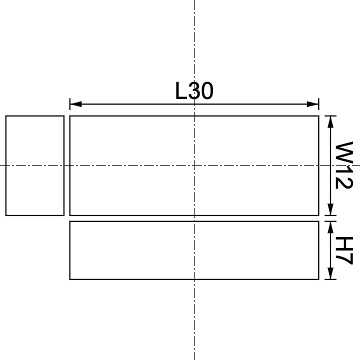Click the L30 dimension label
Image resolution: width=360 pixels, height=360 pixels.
pyautogui.click(x=194, y=91)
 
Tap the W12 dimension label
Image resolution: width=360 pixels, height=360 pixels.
pyautogui.click(x=344, y=165)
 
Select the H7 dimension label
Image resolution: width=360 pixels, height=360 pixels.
pyautogui.click(x=344, y=250)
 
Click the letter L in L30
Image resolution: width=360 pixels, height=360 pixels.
pyautogui.click(x=180, y=91)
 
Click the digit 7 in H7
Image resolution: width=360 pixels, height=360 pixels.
pyautogui.click(x=344, y=258)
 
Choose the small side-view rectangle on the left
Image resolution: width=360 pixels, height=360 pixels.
pyautogui.click(x=35, y=165)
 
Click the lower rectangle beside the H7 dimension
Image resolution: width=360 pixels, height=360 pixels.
pyautogui.click(x=194, y=250)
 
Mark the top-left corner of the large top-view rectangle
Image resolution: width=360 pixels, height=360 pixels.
pyautogui.click(x=70, y=116)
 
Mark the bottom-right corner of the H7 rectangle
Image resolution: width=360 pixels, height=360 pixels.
pyautogui.click(x=318, y=279)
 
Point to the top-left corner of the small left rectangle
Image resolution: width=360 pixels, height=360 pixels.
pyautogui.click(x=6, y=116)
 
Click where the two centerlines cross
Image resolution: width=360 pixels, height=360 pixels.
pyautogui.click(x=194, y=165)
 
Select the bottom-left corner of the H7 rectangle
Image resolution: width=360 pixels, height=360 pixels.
pyautogui.click(x=70, y=279)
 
